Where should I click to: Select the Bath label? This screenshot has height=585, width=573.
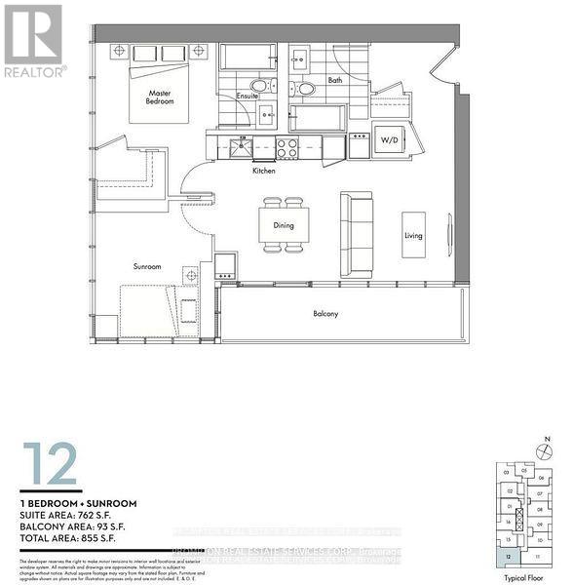(x=335, y=80)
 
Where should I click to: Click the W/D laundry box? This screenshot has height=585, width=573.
(x=389, y=140)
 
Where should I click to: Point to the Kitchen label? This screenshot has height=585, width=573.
(x=264, y=171)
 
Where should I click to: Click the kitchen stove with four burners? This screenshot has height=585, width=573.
(x=287, y=147)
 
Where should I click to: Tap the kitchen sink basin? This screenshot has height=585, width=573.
(x=240, y=147)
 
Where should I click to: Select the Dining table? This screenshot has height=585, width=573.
(x=284, y=225)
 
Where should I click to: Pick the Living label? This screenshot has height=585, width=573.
(x=414, y=235)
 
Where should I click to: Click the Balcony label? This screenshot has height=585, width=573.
(x=325, y=314)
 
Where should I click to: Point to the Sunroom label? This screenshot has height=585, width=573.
(x=147, y=266)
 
